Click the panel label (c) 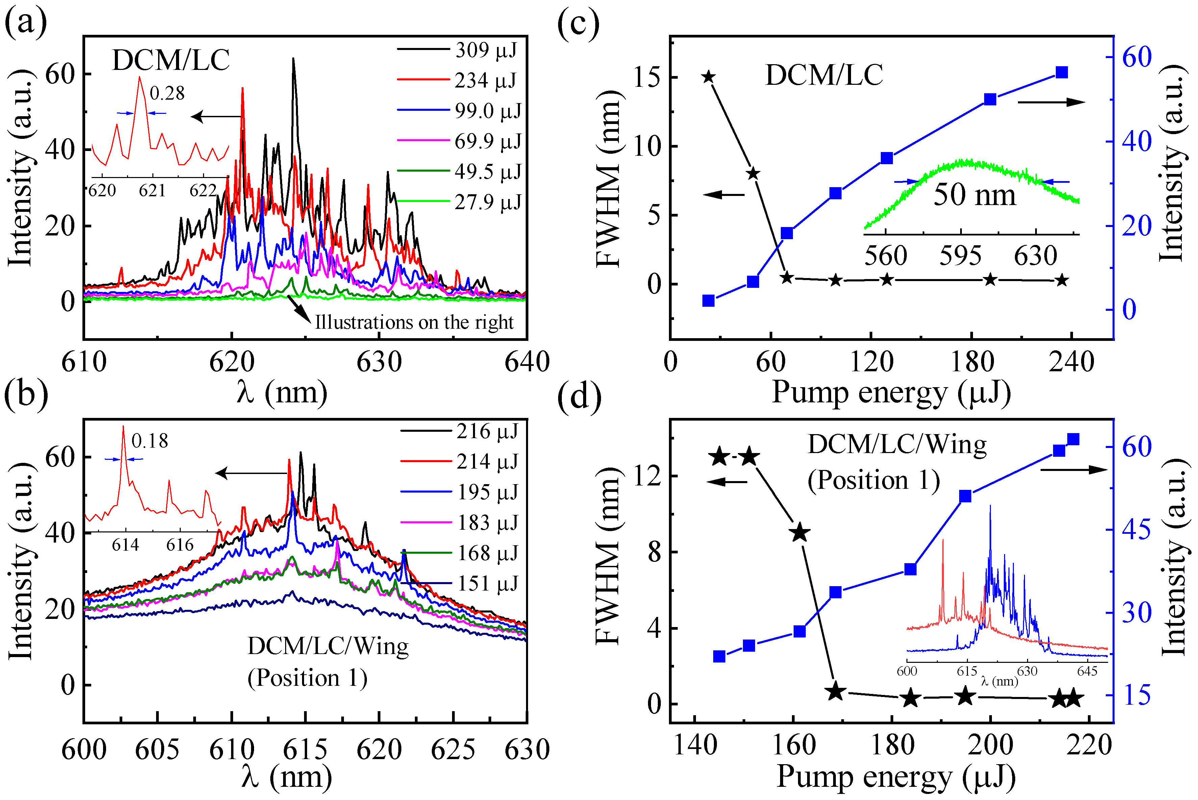(x=578, y=23)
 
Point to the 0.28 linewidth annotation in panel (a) (x=167, y=93)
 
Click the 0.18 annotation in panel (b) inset (x=149, y=441)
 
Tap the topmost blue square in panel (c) (x=1062, y=72)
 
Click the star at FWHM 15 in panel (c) (x=708, y=77)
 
